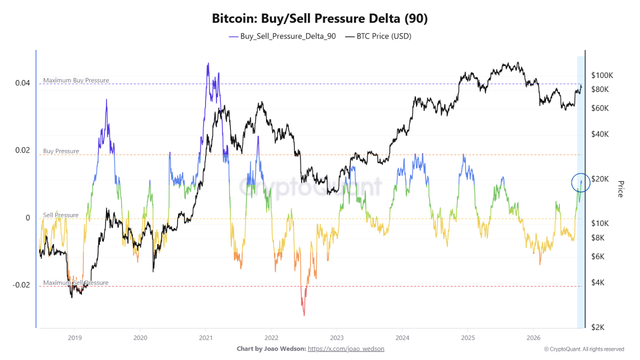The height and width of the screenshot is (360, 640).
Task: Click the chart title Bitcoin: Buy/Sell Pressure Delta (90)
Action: coord(319,18)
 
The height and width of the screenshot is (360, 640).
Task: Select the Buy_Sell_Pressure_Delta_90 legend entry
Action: coord(282,36)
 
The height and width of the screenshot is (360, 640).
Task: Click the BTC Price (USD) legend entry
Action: coord(378,36)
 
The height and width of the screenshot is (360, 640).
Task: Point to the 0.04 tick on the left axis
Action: coord(22,83)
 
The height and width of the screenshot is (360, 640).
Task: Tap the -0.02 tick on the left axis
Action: coord(21,285)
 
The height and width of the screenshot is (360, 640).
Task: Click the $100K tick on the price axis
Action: coord(602,75)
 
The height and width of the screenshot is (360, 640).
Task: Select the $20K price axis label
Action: coord(600,179)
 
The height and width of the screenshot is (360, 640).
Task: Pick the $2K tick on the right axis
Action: coord(597,327)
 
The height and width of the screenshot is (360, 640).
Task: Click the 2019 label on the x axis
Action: coord(74,338)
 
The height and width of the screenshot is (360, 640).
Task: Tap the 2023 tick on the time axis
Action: coord(336,338)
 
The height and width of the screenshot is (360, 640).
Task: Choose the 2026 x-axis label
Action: coord(533,338)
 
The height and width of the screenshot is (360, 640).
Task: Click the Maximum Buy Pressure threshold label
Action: coord(76,80)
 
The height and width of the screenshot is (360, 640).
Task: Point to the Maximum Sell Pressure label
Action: coord(75,282)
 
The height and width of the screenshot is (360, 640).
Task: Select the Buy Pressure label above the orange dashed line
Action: coord(61,151)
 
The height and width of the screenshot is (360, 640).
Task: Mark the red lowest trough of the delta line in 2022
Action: coord(304,315)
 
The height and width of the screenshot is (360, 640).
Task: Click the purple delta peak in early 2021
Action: coord(208,63)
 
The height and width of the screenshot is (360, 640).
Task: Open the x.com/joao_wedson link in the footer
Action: coord(345,349)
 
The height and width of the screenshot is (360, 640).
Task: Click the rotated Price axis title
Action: coord(620,189)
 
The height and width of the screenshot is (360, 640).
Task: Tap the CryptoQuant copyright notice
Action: coord(584,349)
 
